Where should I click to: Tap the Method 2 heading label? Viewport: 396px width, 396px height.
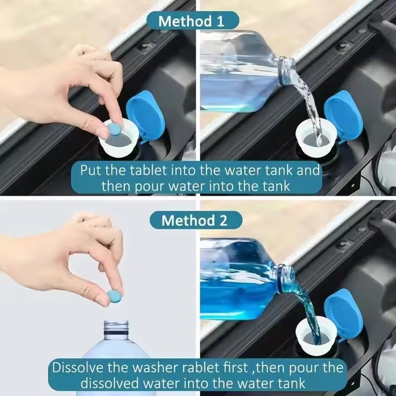(x=196, y=220)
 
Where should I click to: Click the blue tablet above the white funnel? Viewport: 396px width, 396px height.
(x=114, y=130)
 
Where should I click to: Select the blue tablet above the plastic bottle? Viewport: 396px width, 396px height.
(x=114, y=297)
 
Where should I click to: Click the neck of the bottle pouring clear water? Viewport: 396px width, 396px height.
(x=286, y=68)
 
